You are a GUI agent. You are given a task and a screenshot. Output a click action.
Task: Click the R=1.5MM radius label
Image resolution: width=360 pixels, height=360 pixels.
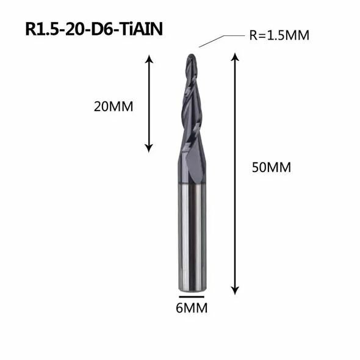click(279, 35)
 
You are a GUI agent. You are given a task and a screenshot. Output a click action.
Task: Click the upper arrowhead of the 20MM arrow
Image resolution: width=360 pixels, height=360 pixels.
click(148, 58)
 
